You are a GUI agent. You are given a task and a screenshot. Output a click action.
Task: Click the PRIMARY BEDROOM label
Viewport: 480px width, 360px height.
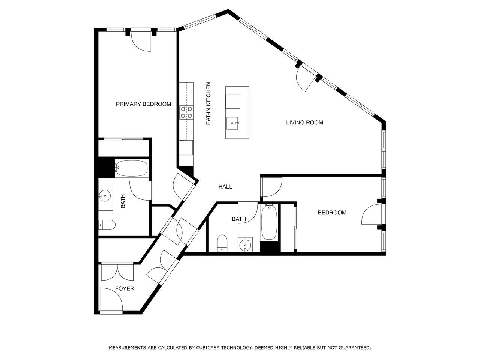click(143, 104)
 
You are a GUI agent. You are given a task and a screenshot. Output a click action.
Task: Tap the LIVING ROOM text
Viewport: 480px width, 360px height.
click(304, 123)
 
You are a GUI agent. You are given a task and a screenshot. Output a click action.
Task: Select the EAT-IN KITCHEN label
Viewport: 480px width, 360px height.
click(208, 103)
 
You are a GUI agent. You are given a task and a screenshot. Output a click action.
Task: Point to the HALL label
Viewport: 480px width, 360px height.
click(225, 187)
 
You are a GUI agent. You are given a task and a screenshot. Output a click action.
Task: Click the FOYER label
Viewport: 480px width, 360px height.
click(124, 288)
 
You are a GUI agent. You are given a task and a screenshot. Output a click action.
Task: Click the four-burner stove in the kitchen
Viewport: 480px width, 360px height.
click(186, 112)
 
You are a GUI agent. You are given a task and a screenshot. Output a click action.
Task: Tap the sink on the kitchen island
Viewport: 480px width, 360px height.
click(232, 123)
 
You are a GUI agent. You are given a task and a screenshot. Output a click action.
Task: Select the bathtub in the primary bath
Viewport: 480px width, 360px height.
click(131, 168)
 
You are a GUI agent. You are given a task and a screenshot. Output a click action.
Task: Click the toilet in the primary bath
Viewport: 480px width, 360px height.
click(107, 225)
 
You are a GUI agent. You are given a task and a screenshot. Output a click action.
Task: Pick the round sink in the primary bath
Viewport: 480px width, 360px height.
click(105, 196)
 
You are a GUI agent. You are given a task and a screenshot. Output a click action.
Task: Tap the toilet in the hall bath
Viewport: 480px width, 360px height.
click(222, 243)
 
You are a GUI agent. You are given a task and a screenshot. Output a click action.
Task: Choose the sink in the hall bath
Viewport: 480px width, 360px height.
click(245, 245)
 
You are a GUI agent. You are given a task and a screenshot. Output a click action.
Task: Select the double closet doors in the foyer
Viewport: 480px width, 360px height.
click(117, 272)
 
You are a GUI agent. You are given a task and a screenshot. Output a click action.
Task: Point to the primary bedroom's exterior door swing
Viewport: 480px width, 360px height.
click(141, 41)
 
